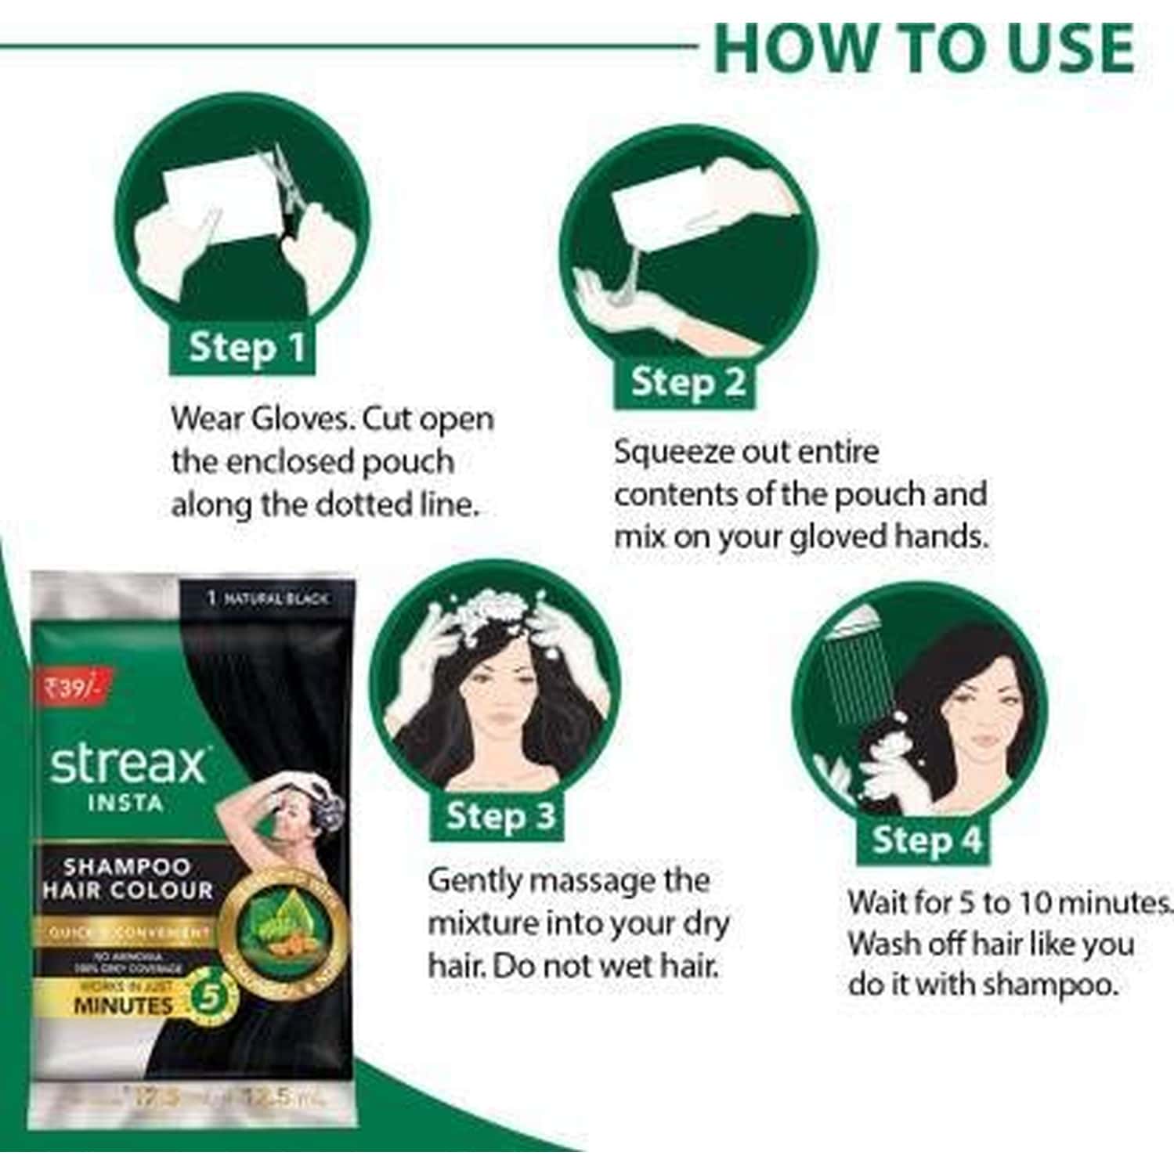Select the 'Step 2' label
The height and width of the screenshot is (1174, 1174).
point(688,382)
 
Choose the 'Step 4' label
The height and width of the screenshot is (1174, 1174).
point(927,840)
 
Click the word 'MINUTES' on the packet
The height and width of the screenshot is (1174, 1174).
point(123,1005)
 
